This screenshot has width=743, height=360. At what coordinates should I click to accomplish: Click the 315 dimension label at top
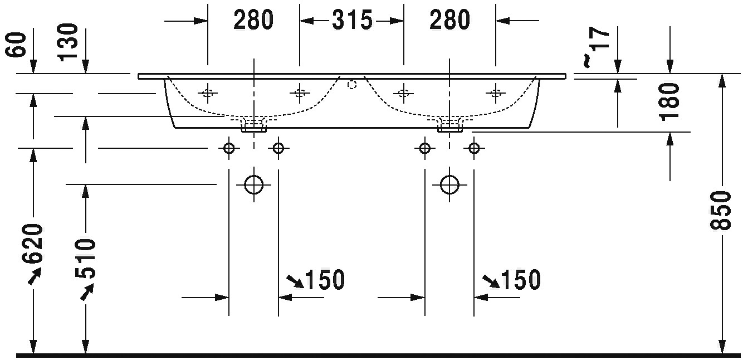click(x=352, y=20)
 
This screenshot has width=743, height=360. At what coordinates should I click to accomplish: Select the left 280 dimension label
click(x=254, y=20)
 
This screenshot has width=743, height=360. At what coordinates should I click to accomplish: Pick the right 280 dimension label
click(x=450, y=20)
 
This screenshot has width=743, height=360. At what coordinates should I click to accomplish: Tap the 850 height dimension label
click(x=721, y=210)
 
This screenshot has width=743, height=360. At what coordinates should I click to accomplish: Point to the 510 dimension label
click(x=85, y=259)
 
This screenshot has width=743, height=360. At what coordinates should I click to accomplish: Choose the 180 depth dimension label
click(x=670, y=102)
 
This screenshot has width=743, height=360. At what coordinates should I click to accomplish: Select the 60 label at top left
click(x=17, y=45)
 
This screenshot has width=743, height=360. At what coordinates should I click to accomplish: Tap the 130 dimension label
click(x=67, y=42)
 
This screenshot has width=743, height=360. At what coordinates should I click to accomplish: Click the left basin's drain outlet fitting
click(x=254, y=125)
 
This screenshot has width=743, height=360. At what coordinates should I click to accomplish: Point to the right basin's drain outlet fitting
click(x=450, y=125)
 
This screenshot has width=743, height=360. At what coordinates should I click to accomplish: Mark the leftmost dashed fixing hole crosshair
click(x=208, y=93)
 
